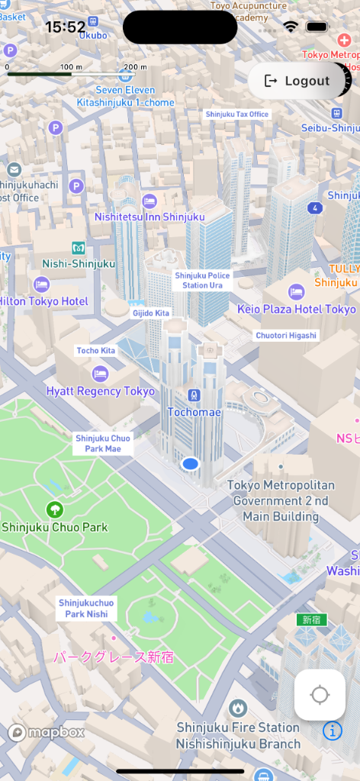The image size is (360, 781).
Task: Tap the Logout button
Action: [x=297, y=81]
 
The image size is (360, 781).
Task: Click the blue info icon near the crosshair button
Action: [x=333, y=731]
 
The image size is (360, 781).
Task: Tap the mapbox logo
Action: [x=47, y=732]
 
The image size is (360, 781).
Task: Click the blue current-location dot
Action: [x=191, y=463]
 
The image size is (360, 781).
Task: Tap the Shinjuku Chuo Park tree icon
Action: [x=55, y=509]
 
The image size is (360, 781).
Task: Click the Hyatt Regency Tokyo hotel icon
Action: [x=100, y=374]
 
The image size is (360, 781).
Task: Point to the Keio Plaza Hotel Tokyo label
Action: [x=297, y=310]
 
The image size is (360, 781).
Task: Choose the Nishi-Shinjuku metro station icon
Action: [x=78, y=247]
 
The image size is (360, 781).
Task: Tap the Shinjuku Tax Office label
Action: [x=237, y=114]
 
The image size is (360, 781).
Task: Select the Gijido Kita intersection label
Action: [x=151, y=313]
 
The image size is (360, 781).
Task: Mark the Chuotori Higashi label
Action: [x=286, y=335]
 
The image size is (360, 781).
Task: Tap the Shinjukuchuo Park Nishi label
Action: [x=86, y=609]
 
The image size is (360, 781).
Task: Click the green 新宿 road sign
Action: [x=312, y=619]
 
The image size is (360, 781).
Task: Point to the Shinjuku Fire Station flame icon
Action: [x=238, y=709]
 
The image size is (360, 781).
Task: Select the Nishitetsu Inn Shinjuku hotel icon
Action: [x=149, y=200]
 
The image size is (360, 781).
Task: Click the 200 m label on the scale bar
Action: [x=134, y=67]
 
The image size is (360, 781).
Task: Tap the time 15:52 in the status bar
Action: [x=65, y=27]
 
